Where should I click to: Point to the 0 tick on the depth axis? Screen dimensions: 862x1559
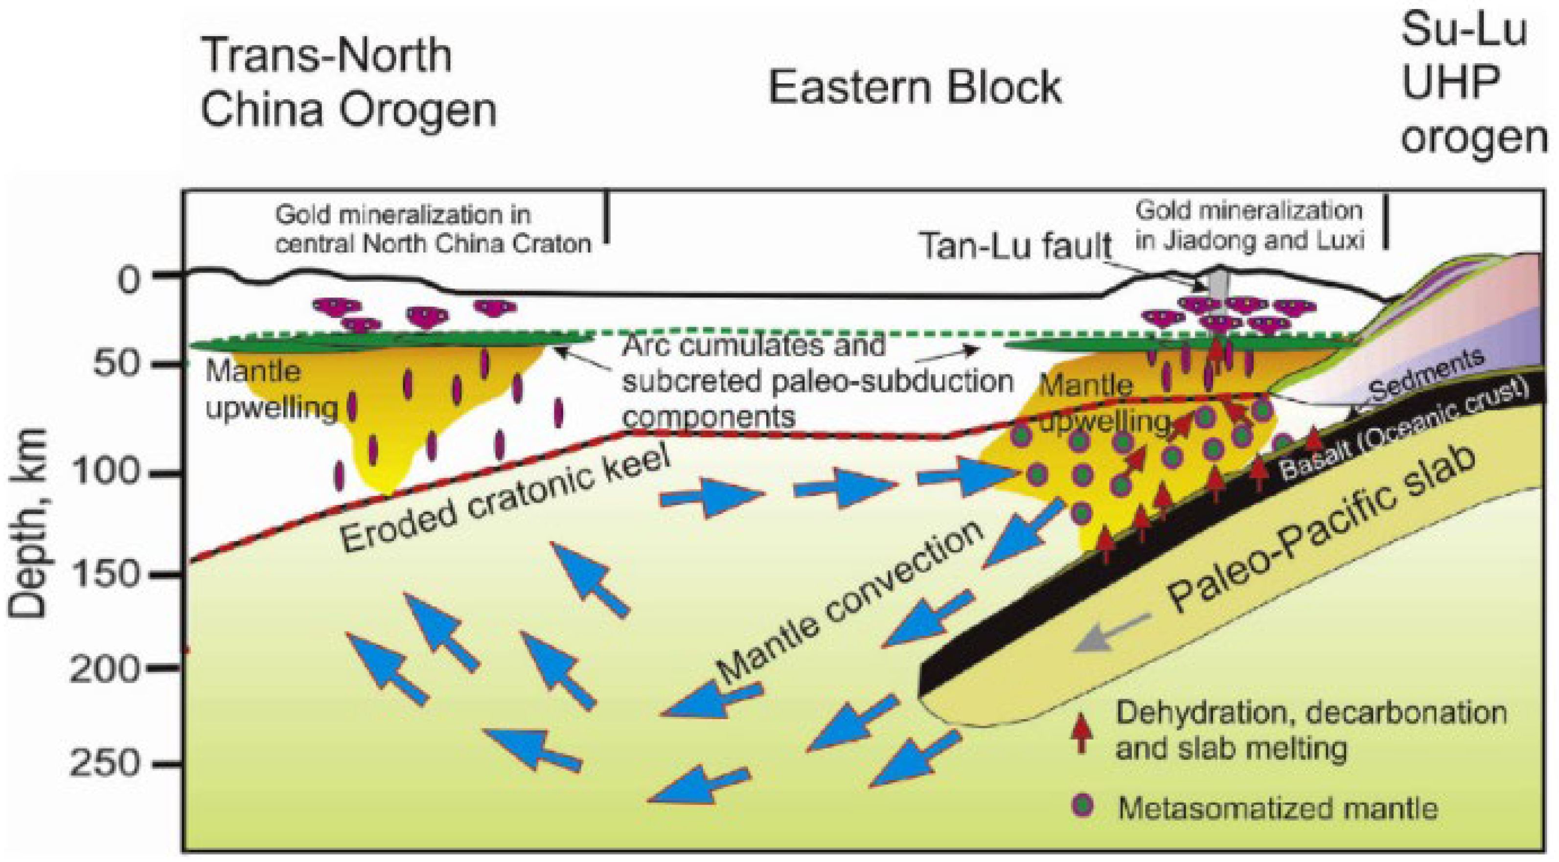click(128, 279)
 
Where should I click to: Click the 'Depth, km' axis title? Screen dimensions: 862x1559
click(28, 523)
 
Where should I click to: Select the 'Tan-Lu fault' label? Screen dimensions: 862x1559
click(1015, 246)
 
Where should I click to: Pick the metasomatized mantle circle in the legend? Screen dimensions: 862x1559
click(1084, 806)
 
